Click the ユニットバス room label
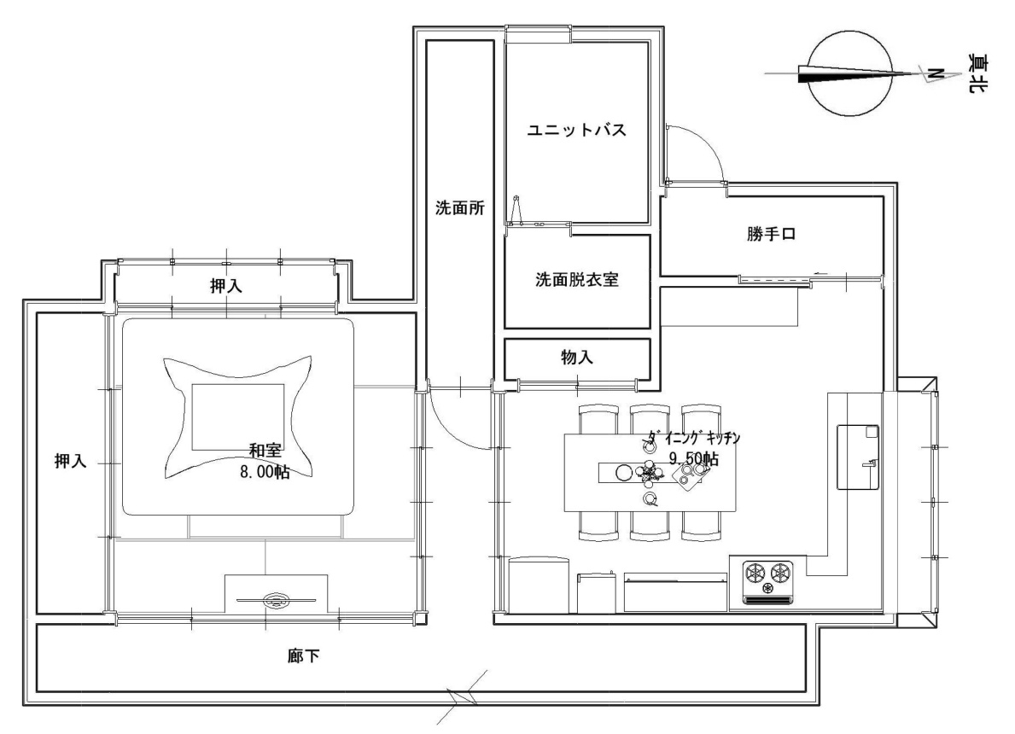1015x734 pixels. (576, 130)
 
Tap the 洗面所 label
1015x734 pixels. (459, 207)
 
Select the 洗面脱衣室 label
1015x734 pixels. (577, 280)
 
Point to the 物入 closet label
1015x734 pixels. (577, 357)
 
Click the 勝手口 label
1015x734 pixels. (771, 234)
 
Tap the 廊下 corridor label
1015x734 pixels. (304, 656)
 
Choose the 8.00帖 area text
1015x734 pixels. (265, 472)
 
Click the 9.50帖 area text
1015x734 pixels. (693, 459)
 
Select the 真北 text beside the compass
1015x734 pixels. (977, 73)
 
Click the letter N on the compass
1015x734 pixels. (934, 73)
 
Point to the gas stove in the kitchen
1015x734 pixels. (767, 582)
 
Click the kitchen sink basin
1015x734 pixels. (858, 457)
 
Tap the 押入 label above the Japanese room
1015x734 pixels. (226, 285)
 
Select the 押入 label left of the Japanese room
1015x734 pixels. (71, 462)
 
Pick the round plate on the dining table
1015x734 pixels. (623, 473)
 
